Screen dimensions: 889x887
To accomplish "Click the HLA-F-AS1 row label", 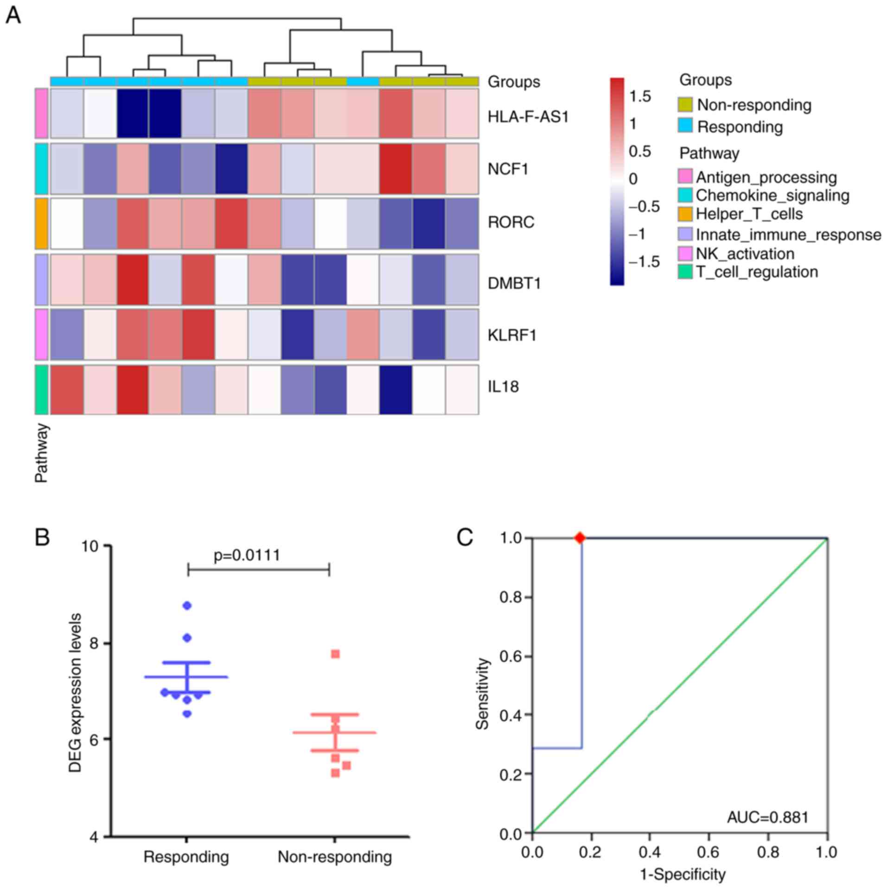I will coord(528,117).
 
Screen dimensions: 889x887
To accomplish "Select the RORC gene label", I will coord(511,222).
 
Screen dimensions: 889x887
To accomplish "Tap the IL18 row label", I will coord(503,386).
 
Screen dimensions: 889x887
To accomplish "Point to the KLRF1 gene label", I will coord(512,335).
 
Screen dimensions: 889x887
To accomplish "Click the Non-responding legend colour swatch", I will coord(685,105).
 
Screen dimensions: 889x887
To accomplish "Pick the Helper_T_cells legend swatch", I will coord(685,214).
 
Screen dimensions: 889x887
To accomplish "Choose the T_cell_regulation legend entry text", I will coord(757,272).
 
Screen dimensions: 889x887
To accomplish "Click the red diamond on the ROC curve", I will coord(580,538).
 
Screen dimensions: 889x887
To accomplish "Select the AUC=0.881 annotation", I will coord(767,817).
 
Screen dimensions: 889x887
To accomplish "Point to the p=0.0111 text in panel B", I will coord(247,555).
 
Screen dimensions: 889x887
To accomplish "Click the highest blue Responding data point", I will coord(187,605).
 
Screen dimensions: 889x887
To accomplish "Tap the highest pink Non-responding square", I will coord(335,654).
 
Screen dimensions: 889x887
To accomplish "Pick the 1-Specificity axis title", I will coord(683,875).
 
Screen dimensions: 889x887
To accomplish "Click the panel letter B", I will coord(43,538).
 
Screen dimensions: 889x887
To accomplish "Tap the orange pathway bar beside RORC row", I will coord(42,223).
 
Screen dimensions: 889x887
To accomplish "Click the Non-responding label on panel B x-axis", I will coord(335,857).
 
